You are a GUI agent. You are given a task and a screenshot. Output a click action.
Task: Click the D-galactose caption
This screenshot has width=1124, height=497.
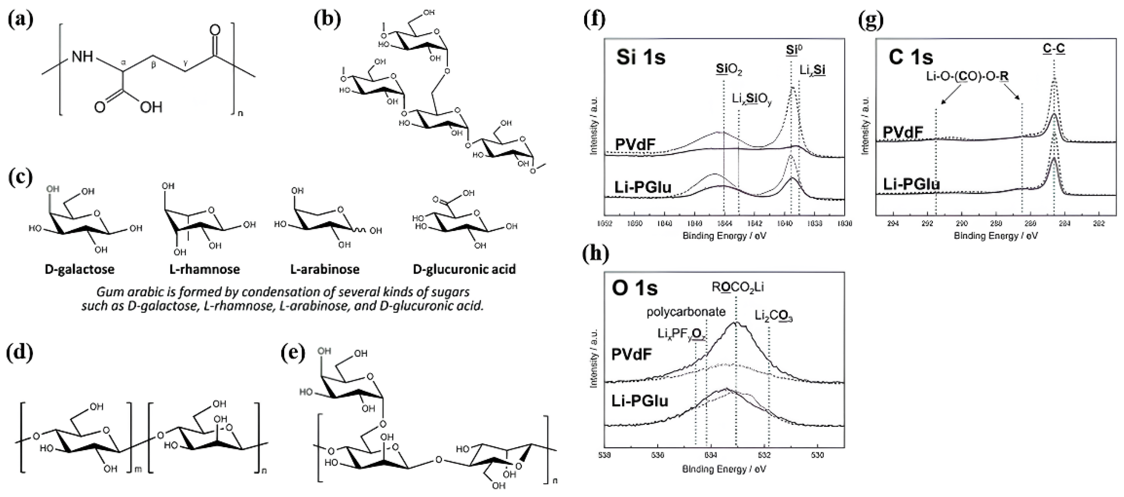pos(79,269)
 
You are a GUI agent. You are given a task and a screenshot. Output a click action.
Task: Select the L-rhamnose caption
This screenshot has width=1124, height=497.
pos(205,269)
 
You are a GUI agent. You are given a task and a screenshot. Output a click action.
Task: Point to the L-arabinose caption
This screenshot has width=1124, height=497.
pos(325,269)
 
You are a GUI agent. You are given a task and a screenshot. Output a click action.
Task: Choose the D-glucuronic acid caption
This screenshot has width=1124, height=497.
pos(464,269)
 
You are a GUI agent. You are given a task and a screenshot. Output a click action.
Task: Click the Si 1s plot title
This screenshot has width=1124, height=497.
pos(640,57)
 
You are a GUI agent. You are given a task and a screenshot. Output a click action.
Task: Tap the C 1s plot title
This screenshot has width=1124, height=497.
pos(911,57)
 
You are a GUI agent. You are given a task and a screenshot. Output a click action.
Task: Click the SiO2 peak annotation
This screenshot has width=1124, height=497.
pos(729,69)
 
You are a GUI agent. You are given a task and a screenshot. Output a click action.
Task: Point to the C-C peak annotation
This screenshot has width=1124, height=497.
pos(1054,48)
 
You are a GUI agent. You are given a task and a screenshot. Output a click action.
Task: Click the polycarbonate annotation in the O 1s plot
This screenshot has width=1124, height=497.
pos(686,312)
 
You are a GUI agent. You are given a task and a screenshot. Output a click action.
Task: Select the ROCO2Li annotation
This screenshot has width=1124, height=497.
pos(737,287)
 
